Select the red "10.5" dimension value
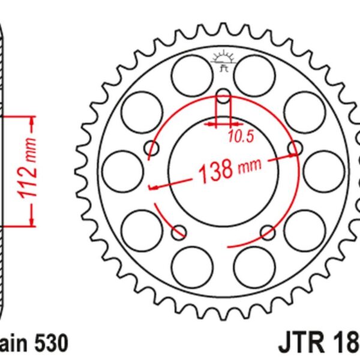coord(241,137)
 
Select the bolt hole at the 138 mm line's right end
coord(295,148)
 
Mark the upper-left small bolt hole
coord(150,149)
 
